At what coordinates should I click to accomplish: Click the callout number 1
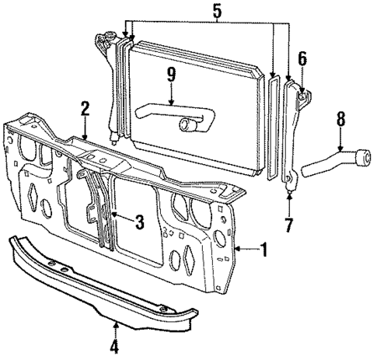click(x=265, y=250)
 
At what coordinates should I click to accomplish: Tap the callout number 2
click(x=85, y=109)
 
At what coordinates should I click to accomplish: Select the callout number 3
click(x=139, y=222)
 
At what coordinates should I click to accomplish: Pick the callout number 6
click(x=302, y=58)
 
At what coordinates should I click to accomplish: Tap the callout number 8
click(x=339, y=121)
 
